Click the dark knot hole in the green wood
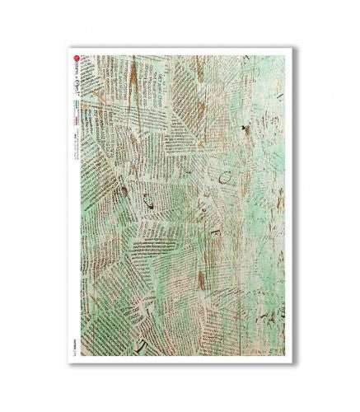pyautogui.click(x=245, y=129)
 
